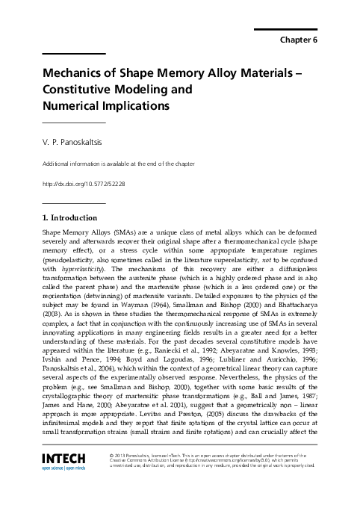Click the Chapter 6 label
point(298,40)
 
